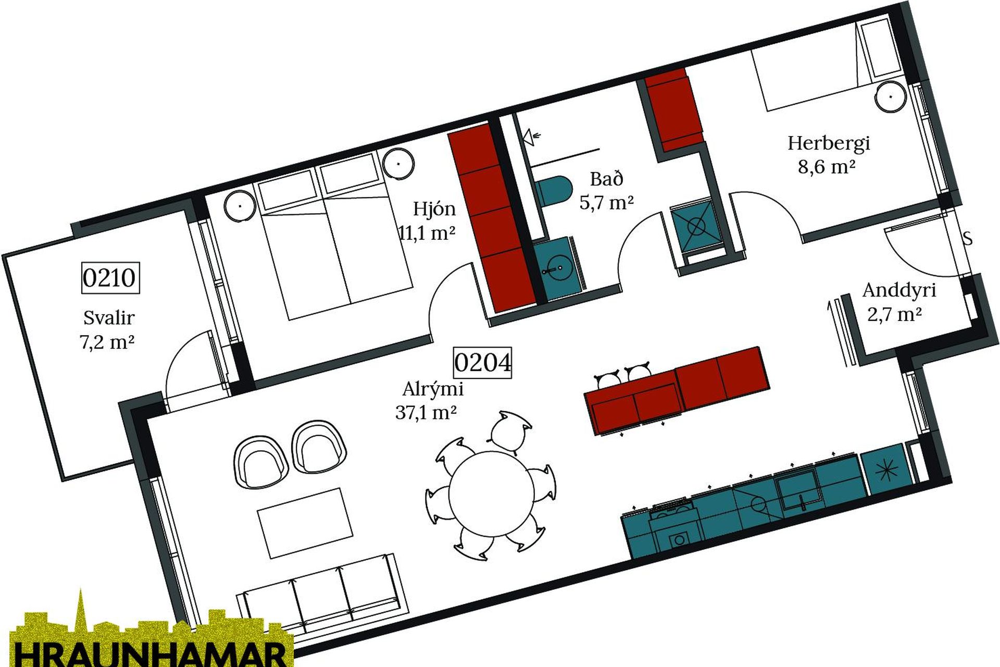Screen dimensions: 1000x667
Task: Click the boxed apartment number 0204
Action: [482, 362]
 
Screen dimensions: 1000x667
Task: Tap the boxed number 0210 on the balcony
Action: [110, 278]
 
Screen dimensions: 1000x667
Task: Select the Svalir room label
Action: [109, 317]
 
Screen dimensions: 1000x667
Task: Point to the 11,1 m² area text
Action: [427, 232]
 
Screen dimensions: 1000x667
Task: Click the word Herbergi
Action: [829, 143]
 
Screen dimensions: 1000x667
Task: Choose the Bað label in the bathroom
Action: [606, 179]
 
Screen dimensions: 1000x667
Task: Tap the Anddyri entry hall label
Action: [899, 290]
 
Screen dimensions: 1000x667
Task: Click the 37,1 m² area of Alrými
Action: [426, 413]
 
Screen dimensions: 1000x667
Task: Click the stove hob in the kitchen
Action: [674, 526]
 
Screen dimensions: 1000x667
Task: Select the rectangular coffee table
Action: [305, 523]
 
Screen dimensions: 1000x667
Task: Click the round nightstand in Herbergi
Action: [891, 97]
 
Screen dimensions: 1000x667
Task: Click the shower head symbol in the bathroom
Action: [532, 137]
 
